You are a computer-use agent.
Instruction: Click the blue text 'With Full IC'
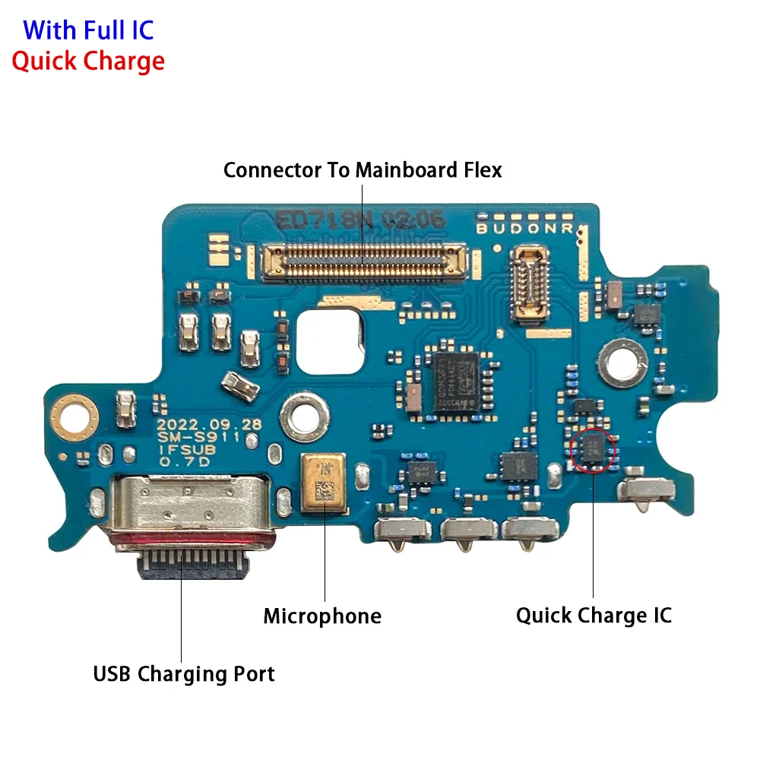[x=88, y=30]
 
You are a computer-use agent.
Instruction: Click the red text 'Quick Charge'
[x=88, y=61]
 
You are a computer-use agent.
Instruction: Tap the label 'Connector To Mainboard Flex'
[x=363, y=170]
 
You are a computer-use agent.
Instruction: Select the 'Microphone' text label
[x=322, y=616]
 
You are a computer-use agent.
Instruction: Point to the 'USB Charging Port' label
[x=184, y=673]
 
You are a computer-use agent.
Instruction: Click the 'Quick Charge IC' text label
[x=594, y=615]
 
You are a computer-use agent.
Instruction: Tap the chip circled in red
[x=593, y=449]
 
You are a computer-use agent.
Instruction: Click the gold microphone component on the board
[x=323, y=482]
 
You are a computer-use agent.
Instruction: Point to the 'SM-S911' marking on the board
[x=209, y=438]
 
